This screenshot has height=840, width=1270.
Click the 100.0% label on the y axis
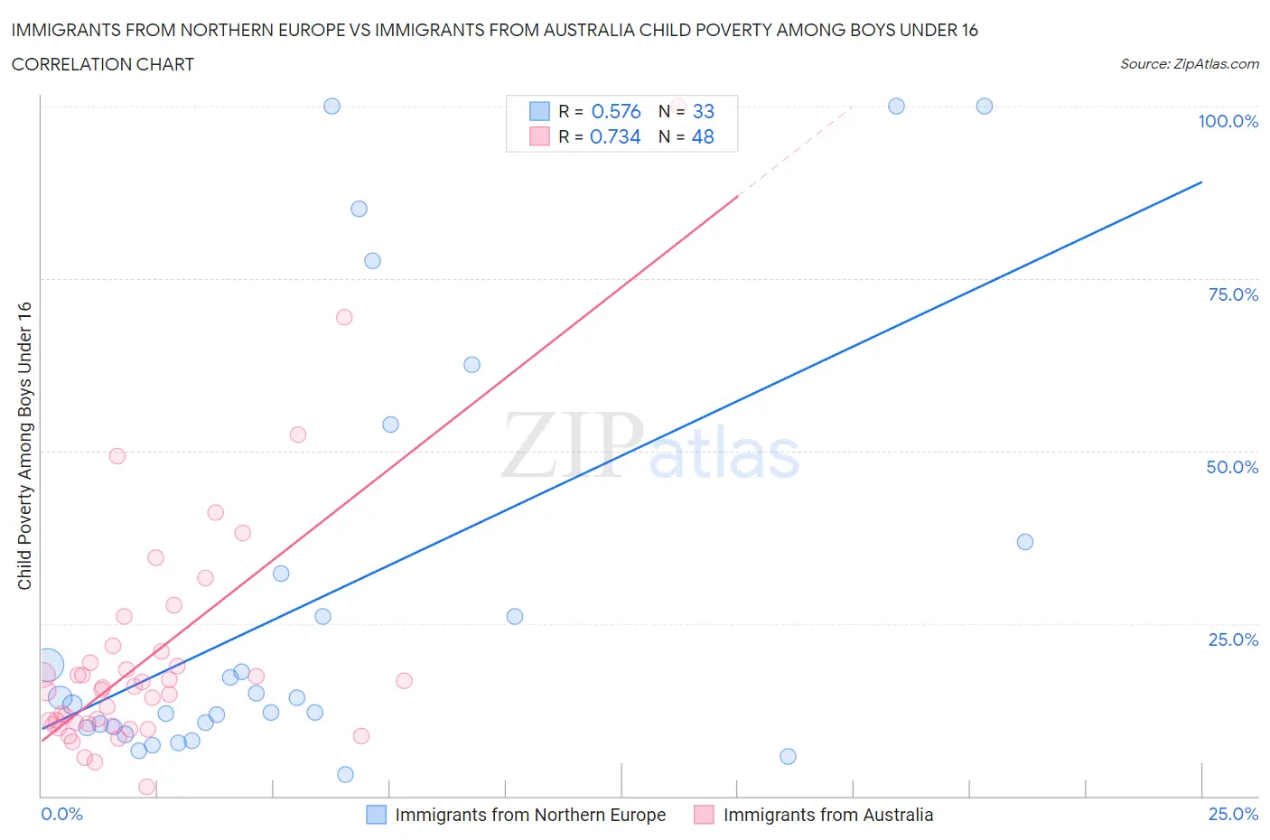click(1228, 121)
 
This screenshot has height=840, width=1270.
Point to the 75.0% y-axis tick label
click(1233, 294)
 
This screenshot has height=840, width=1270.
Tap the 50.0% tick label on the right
click(1232, 467)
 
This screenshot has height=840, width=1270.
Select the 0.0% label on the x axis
click(62, 814)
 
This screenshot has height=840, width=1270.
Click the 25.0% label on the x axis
click(1233, 814)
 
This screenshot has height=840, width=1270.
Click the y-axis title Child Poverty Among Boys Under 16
click(24, 445)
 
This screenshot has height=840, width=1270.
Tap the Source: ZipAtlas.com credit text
click(1189, 63)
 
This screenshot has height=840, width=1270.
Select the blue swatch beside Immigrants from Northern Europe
click(376, 815)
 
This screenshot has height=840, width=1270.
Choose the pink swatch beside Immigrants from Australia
click(704, 815)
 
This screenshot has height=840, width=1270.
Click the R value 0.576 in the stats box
click(615, 111)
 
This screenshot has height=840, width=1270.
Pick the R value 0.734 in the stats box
click(615, 136)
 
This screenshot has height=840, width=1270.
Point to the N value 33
click(703, 111)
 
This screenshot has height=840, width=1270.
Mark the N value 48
click(703, 136)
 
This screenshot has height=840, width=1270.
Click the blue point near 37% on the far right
click(1024, 542)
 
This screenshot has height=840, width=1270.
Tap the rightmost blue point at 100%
click(985, 106)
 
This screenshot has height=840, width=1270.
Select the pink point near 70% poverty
click(343, 317)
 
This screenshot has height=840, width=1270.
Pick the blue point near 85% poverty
click(359, 209)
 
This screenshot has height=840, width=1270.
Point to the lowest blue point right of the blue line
click(788, 756)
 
